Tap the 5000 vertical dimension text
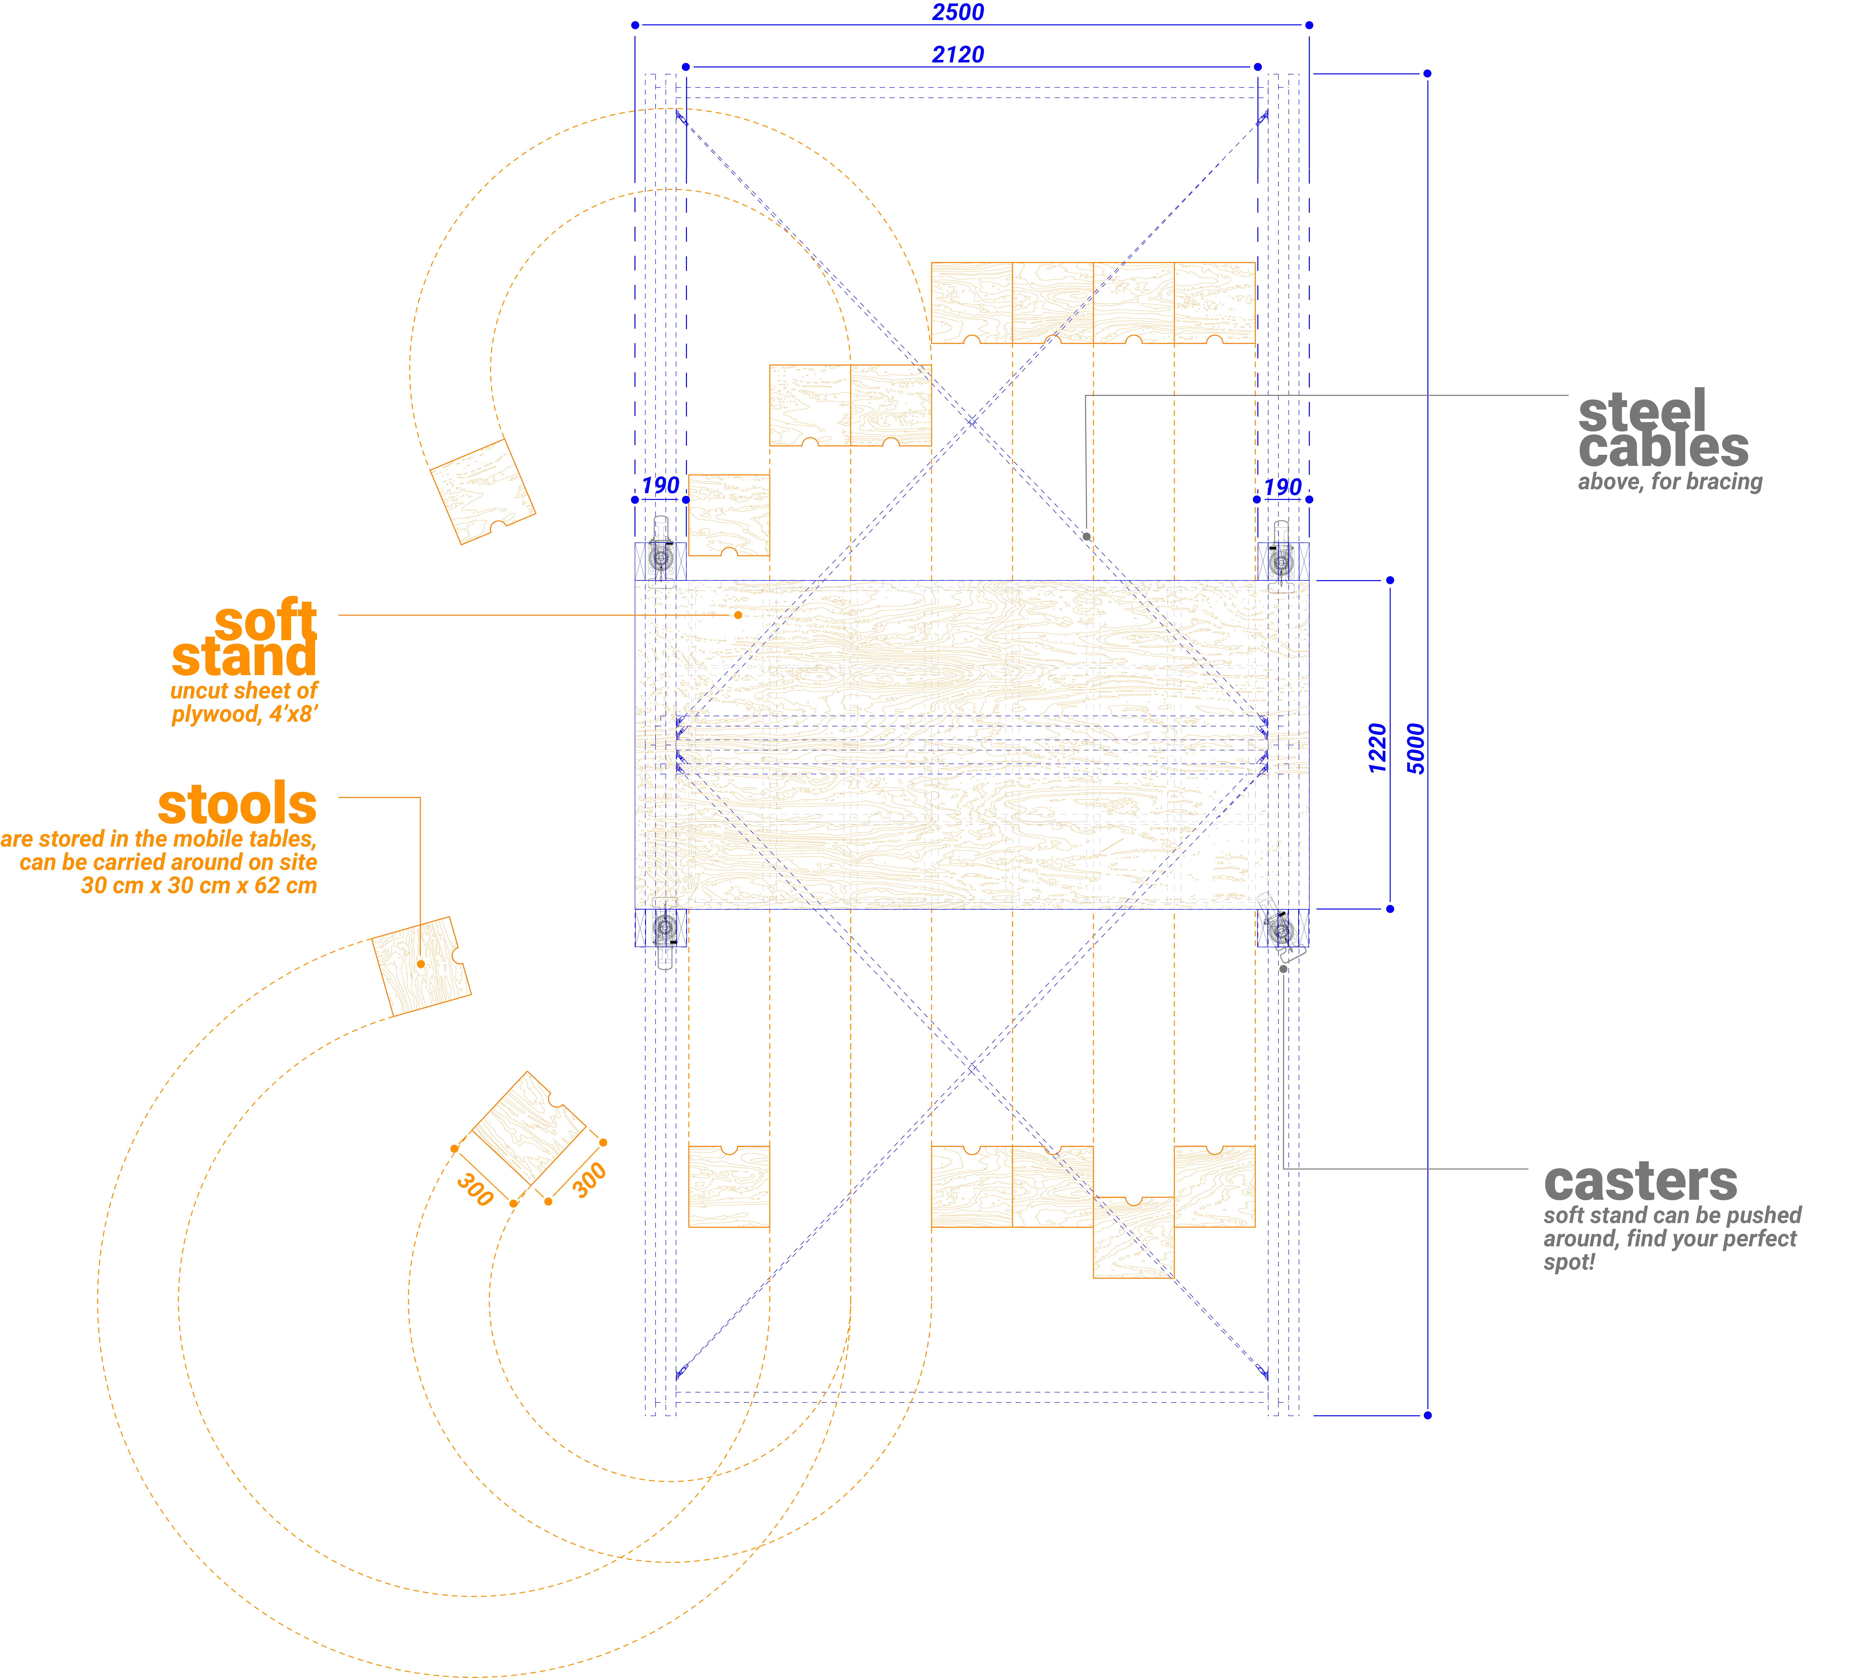click(x=1415, y=749)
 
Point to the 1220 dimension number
click(x=1377, y=749)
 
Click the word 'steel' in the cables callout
click(x=1641, y=411)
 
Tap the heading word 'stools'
click(x=237, y=805)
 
